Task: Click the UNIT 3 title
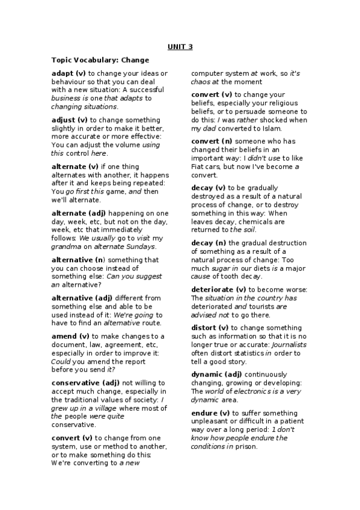[180, 47]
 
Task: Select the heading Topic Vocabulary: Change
[100, 60]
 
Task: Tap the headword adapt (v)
[69, 73]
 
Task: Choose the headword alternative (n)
[78, 260]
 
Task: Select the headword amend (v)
[70, 336]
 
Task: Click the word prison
[247, 447]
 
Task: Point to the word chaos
[201, 82]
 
